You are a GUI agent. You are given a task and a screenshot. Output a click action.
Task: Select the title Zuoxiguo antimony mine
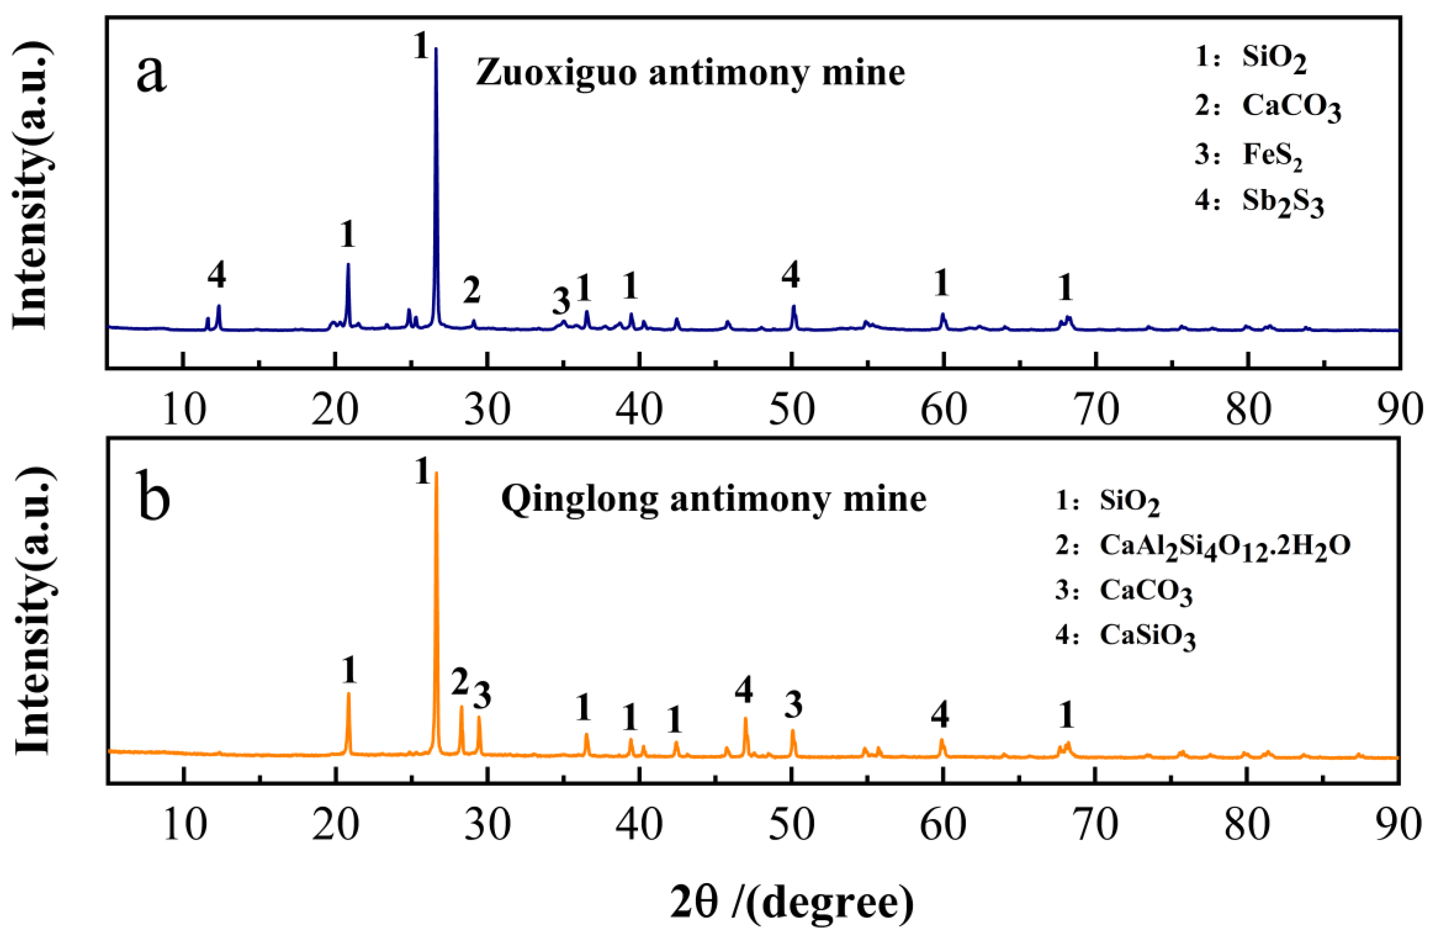coord(690,74)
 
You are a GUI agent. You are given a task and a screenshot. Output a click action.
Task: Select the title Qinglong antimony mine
coord(713,499)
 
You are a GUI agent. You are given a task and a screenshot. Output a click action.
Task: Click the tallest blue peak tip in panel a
coord(436,49)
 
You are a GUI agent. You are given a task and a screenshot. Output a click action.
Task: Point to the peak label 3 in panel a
coord(561,301)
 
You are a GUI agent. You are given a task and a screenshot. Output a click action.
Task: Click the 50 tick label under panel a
coord(792,409)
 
